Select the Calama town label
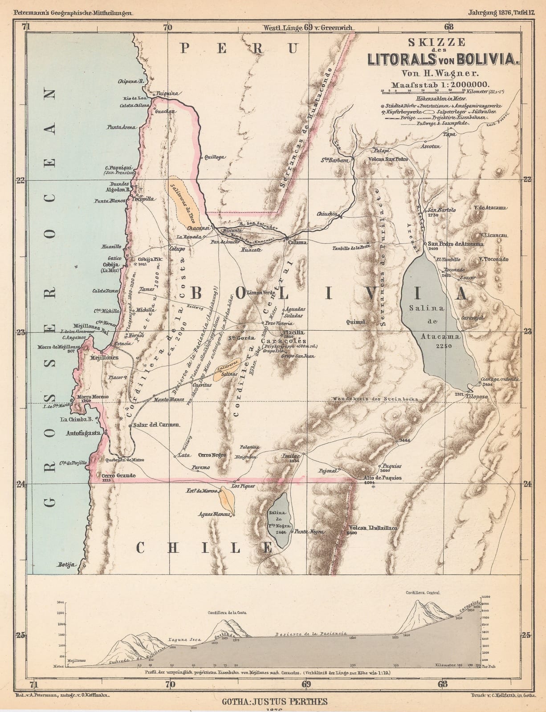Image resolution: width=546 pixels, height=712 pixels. coord(298,242)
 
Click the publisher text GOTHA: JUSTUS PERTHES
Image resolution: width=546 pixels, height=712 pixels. coord(273,702)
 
